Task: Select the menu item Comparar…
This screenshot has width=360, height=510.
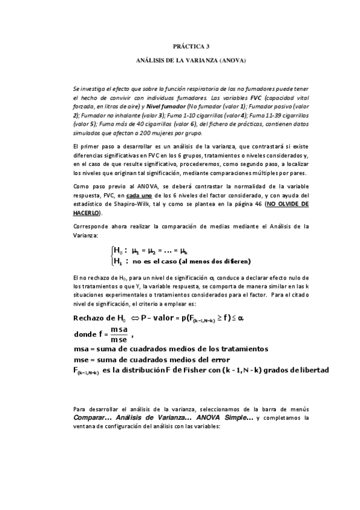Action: [90, 417]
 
